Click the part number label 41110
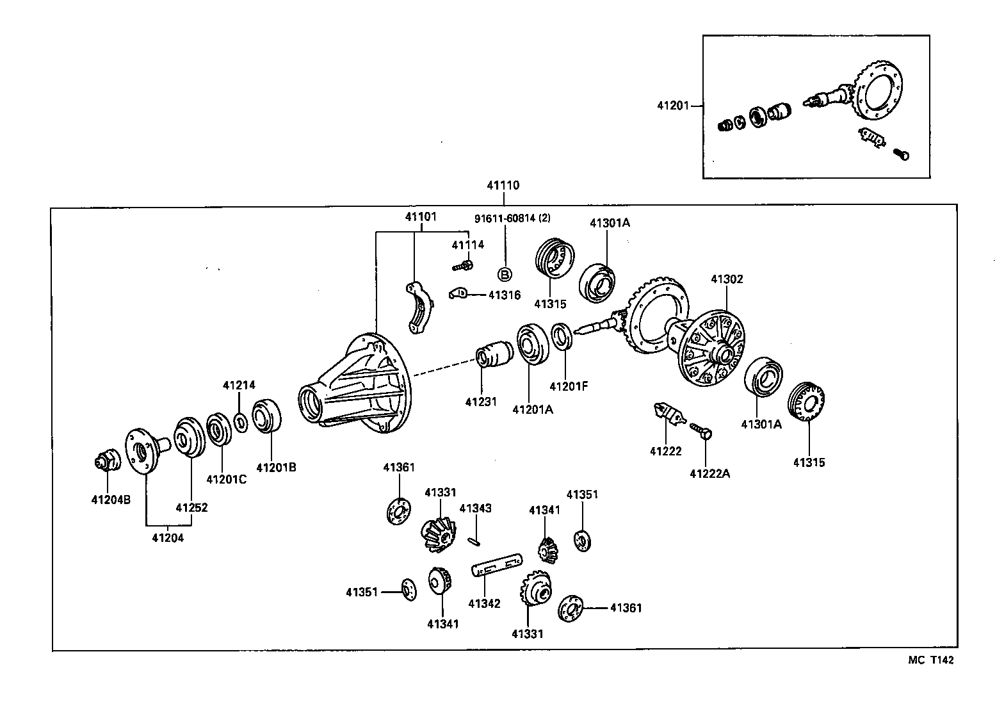pos(503,186)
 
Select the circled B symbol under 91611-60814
pos(505,275)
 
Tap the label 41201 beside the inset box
pos(672,105)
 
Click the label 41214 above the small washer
pos(239,385)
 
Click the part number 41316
pos(505,295)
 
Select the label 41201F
pos(568,386)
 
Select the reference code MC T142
pos(930,660)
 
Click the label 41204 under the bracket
pos(168,538)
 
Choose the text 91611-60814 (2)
pos(512,218)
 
